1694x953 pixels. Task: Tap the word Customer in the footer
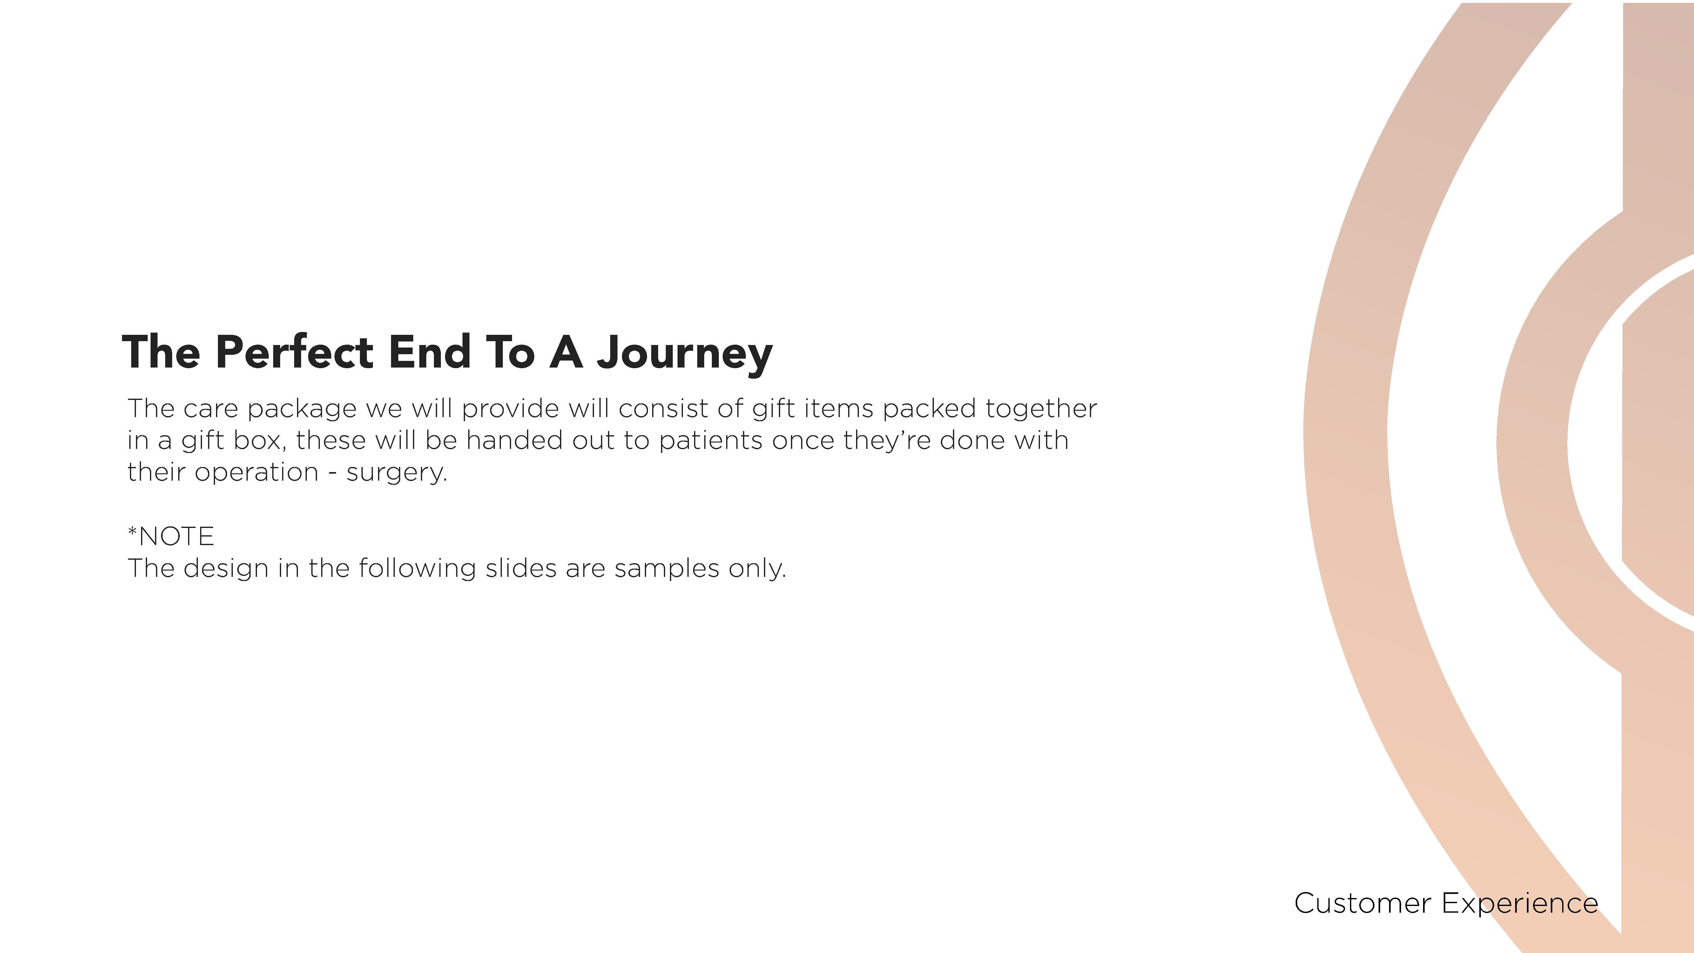tap(1363, 904)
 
